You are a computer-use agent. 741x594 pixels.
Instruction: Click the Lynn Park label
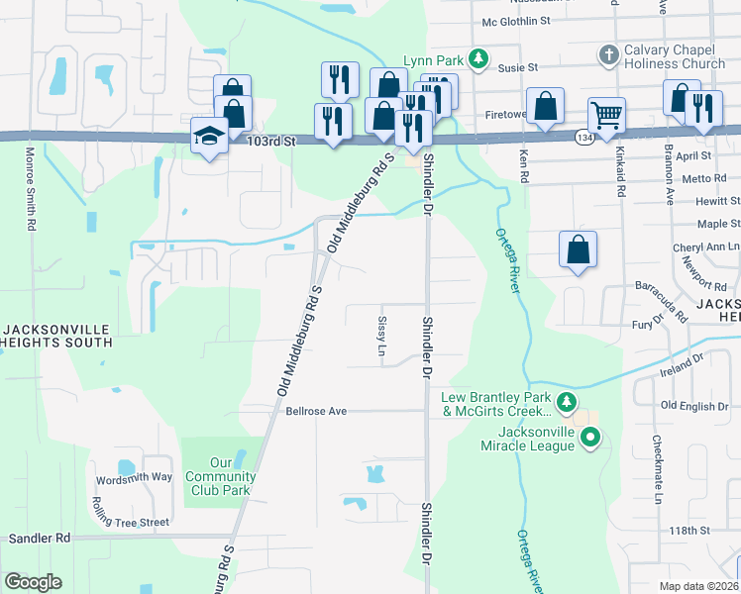click(434, 60)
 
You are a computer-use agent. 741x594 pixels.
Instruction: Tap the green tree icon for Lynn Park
click(478, 59)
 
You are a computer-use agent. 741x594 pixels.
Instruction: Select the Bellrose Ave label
click(317, 410)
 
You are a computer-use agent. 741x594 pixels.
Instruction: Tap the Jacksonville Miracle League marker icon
click(591, 436)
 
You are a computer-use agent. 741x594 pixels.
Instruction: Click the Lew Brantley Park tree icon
click(566, 403)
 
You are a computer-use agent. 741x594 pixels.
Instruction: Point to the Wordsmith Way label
click(134, 477)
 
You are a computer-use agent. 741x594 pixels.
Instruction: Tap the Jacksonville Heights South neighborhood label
click(56, 336)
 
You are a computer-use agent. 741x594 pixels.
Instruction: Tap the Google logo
click(34, 582)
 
